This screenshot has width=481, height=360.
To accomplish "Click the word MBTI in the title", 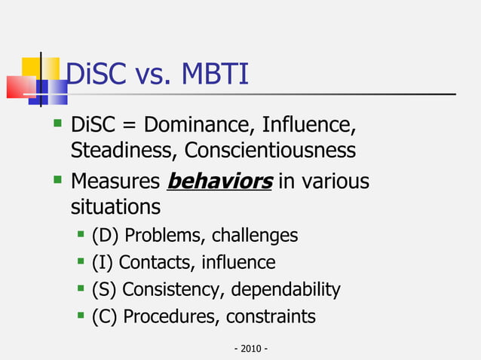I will point(210,75).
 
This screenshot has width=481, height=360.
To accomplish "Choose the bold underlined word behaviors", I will point(219,182).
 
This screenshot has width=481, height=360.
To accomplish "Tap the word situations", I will point(115,206).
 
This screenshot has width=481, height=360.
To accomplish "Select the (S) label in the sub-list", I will point(103,289).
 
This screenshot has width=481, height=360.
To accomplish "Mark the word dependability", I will point(286,289).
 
